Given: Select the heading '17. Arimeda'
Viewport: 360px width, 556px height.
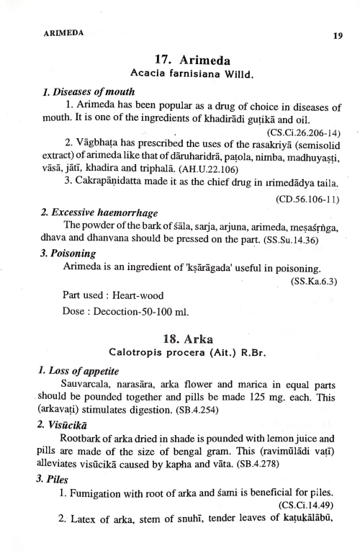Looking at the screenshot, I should coord(187,60).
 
